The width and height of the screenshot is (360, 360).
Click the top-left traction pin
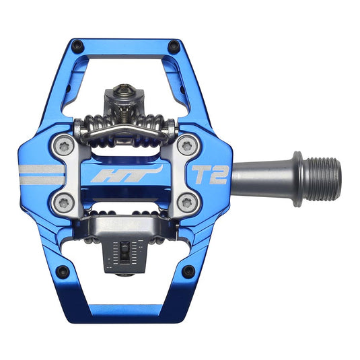(77, 46)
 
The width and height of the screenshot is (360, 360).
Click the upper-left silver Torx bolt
(65, 143)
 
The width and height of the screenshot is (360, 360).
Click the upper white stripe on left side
(40, 169)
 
